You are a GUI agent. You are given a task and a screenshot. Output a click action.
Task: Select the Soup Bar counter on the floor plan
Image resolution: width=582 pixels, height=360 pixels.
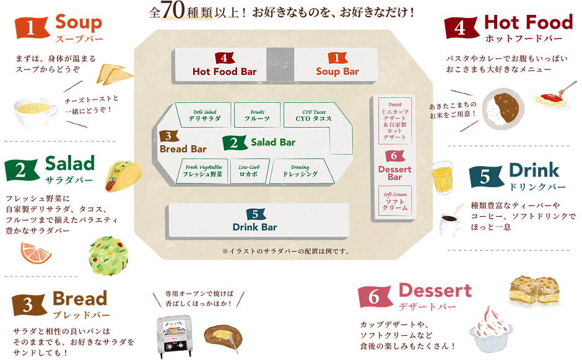(336, 64)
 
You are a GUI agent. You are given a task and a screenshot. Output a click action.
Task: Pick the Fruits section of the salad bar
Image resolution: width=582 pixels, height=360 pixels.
(257, 114)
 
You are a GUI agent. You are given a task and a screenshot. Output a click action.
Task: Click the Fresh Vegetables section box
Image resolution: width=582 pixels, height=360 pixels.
(202, 170)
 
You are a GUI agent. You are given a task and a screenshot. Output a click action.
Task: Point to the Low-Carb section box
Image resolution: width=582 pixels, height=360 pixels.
(249, 170)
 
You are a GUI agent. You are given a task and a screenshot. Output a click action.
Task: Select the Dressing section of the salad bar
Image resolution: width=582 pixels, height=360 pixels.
(300, 170)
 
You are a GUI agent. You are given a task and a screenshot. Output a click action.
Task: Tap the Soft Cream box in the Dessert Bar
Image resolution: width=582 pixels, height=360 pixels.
(395, 201)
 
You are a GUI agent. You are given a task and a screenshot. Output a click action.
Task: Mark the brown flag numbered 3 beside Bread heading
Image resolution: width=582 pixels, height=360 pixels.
(28, 304)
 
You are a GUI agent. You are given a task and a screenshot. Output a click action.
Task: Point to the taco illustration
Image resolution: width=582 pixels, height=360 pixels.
(117, 175)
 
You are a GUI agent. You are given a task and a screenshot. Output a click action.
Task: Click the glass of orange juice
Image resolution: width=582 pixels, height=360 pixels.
(442, 177)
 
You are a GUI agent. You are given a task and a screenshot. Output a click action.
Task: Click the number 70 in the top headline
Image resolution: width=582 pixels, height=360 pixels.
(175, 12)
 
